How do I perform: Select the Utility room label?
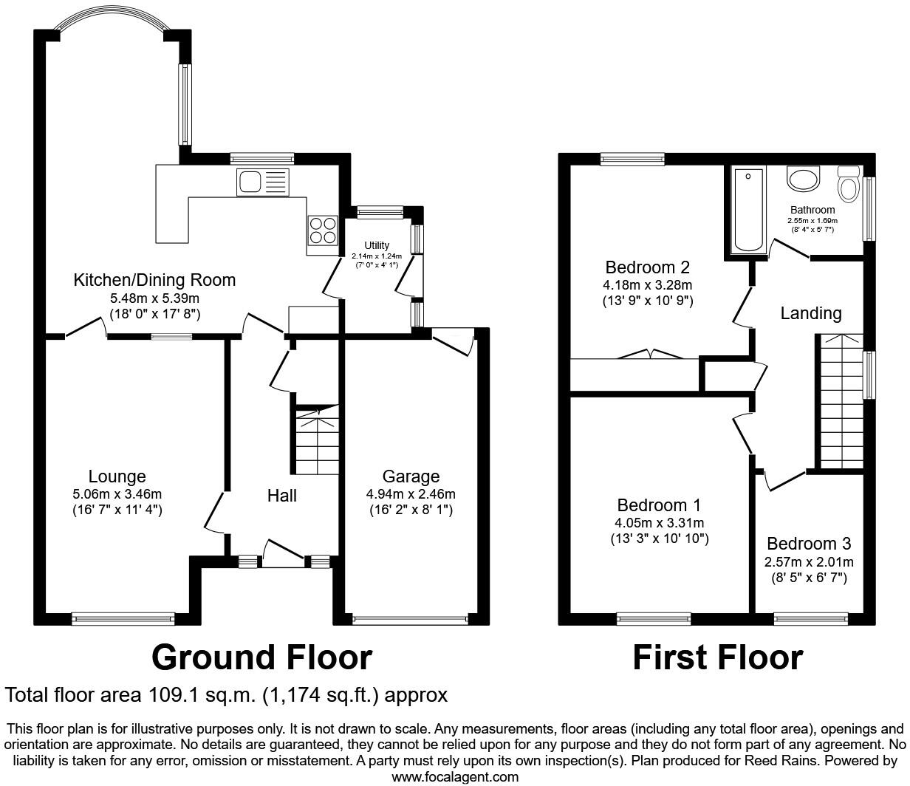point(377,245)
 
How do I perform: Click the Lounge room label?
point(117,476)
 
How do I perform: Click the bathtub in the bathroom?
point(748,210)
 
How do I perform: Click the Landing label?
point(811,313)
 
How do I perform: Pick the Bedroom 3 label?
point(809,544)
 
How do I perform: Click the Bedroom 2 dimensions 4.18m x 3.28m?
point(648,285)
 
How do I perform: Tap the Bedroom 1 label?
point(659,505)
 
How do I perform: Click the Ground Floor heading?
point(261,657)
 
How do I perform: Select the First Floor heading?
point(717,657)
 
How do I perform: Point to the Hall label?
point(282,496)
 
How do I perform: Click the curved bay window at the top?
point(112,17)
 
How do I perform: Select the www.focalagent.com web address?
point(455,776)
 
